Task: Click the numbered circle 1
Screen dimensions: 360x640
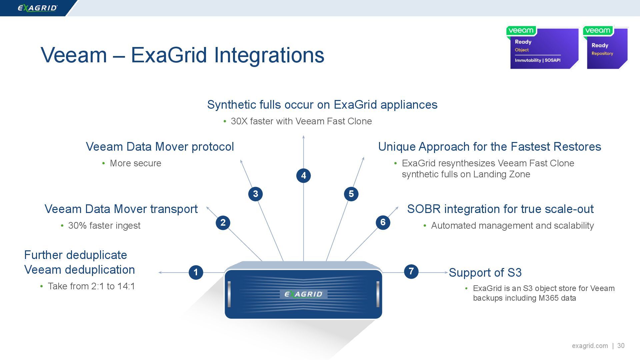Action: click(196, 272)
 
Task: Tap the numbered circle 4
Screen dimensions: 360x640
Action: click(303, 175)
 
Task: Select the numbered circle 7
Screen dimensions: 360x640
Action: click(411, 271)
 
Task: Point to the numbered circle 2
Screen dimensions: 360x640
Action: click(223, 222)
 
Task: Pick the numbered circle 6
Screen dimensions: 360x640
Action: click(383, 222)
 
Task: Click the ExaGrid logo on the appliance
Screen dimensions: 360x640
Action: click(303, 294)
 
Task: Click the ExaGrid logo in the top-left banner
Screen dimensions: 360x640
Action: click(37, 8)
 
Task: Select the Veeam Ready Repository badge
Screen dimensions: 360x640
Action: click(606, 48)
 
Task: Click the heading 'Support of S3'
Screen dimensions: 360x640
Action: click(485, 273)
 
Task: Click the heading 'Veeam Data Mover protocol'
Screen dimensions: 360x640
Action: click(160, 147)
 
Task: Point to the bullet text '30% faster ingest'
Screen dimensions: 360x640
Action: click(104, 226)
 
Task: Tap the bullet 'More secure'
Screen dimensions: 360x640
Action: click(135, 163)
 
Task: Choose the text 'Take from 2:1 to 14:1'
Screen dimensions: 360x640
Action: click(91, 286)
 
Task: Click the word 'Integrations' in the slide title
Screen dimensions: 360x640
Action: click(269, 55)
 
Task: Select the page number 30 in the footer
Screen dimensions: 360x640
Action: click(621, 346)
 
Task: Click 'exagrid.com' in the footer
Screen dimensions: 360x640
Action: click(590, 346)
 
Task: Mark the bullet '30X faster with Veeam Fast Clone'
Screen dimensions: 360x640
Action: click(301, 121)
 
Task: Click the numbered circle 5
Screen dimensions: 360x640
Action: click(351, 194)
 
